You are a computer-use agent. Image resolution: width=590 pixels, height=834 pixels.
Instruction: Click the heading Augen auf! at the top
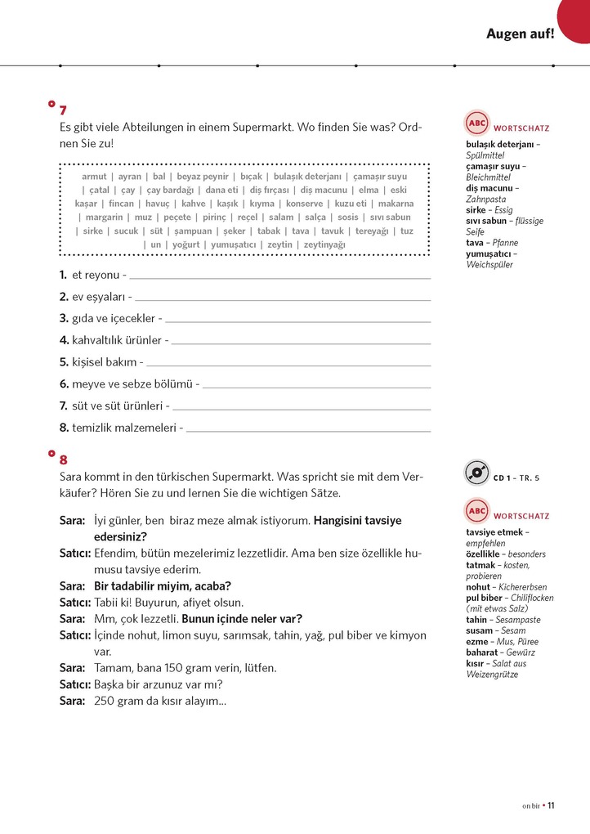pyautogui.click(x=520, y=34)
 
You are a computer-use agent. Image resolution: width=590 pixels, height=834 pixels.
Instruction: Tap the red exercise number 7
pyautogui.click(x=63, y=110)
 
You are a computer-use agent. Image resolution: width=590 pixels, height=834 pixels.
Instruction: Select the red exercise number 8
pyautogui.click(x=63, y=460)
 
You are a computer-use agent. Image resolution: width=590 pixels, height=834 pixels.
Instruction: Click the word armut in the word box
pyautogui.click(x=95, y=177)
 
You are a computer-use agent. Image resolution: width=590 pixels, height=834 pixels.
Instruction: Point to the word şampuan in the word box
pyautogui.click(x=193, y=231)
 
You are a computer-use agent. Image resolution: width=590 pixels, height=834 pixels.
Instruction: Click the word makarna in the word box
pyautogui.click(x=396, y=204)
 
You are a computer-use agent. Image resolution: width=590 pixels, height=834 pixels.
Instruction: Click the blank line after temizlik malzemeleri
pyautogui.click(x=308, y=428)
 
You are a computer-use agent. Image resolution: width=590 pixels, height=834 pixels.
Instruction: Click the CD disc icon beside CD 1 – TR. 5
pyautogui.click(x=476, y=473)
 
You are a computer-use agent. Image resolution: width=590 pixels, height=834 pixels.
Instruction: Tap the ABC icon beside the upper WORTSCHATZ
pyautogui.click(x=476, y=123)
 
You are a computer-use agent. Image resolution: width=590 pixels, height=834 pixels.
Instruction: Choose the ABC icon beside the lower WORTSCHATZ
pyautogui.click(x=476, y=512)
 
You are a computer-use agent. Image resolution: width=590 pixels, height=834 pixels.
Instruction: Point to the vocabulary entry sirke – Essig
pyautogui.click(x=489, y=210)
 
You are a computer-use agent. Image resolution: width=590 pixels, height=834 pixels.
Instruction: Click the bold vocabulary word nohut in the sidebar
pyautogui.click(x=478, y=587)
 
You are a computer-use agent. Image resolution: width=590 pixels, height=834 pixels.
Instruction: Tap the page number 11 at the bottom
pyautogui.click(x=552, y=805)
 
